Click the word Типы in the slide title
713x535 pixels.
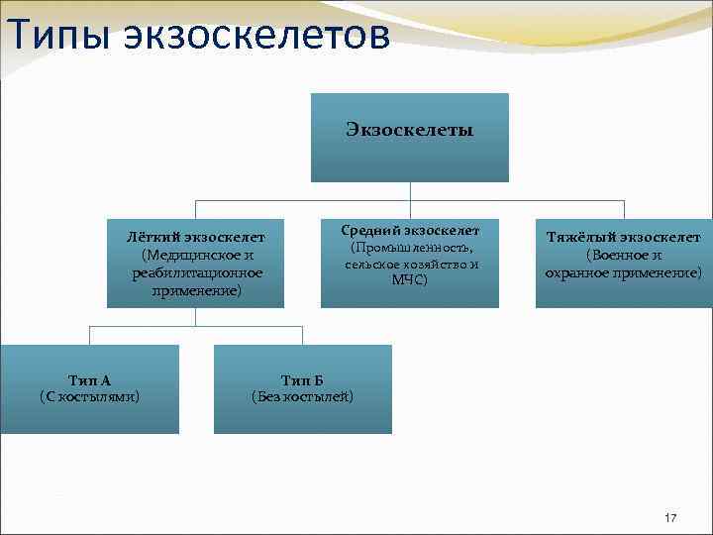click(60, 36)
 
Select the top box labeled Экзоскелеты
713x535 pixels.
click(409, 137)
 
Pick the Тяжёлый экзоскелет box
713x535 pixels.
click(624, 263)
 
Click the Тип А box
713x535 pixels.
click(89, 388)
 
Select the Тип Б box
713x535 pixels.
click(303, 388)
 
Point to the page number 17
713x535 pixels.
click(670, 518)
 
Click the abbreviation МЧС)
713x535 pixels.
click(410, 280)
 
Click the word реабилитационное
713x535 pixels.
click(197, 272)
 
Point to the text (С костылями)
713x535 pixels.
click(89, 397)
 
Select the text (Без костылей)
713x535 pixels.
click(303, 397)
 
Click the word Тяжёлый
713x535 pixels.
click(575, 237)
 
